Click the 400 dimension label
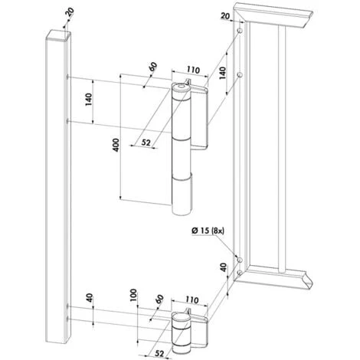click(116, 145)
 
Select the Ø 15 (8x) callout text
click(208, 231)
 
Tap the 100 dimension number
click(133, 295)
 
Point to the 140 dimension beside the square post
click(88, 100)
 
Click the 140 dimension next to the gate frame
click(223, 74)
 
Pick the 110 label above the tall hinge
click(193, 70)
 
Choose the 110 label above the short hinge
click(191, 299)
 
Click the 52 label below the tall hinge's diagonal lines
click(146, 142)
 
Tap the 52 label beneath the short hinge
click(159, 353)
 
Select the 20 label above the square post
click(70, 12)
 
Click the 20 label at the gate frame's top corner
click(225, 16)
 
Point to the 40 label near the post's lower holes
click(89, 298)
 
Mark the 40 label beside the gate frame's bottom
click(223, 267)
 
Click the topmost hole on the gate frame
click(240, 31)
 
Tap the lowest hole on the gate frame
click(239, 273)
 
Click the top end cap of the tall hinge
click(181, 87)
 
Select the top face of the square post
click(59, 34)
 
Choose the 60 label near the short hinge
click(159, 299)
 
